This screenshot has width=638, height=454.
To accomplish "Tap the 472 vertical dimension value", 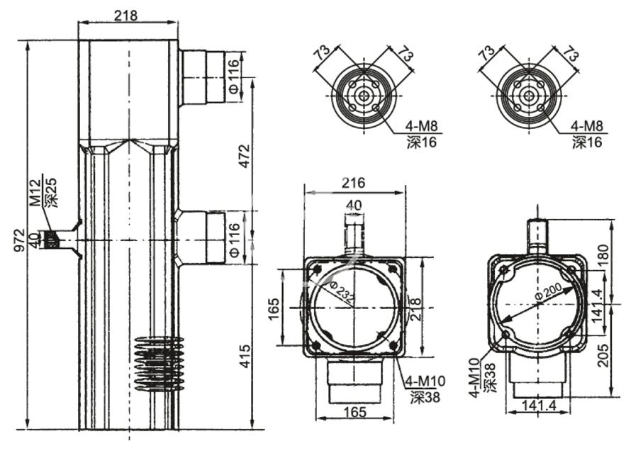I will click(243, 156).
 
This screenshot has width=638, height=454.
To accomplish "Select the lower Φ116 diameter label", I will click(235, 239).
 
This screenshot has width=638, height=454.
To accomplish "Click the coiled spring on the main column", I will click(157, 363).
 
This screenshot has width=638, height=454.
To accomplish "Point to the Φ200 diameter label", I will click(546, 292).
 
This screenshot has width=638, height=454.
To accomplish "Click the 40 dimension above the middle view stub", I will click(352, 205).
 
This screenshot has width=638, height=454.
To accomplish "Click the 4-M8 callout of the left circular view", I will click(422, 127).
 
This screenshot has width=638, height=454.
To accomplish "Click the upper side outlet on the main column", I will click(203, 77).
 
